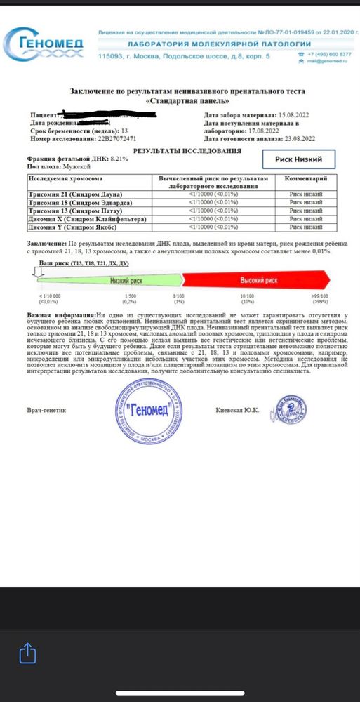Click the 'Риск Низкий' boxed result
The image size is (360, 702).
tap(298, 160)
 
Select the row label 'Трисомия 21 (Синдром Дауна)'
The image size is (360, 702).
tap(65, 193)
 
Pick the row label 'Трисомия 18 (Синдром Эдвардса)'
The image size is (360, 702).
tap(71, 202)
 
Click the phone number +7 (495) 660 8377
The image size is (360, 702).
tap(322, 53)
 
